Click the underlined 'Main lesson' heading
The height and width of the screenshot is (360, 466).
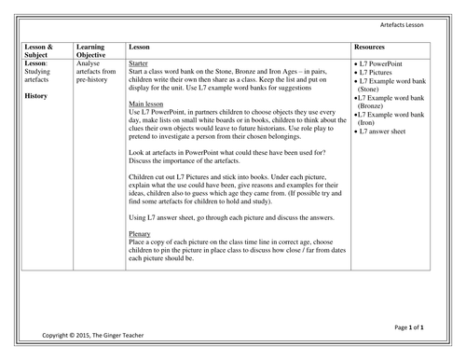pyautogui.click(x=147, y=103)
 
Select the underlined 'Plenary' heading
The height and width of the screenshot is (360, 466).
pyautogui.click(x=140, y=234)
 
